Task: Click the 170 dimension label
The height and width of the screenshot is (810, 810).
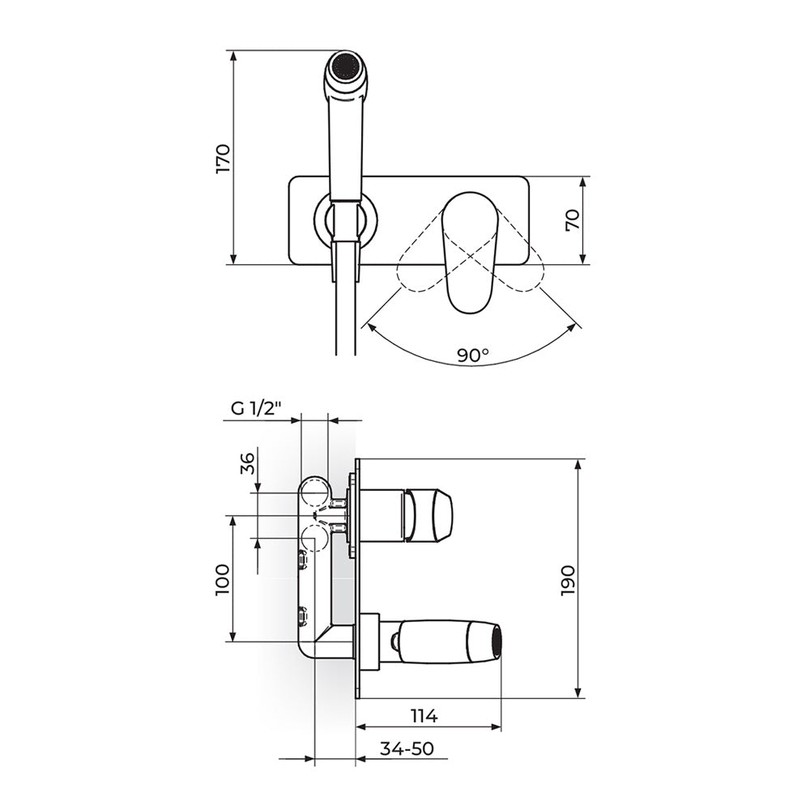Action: tap(224, 158)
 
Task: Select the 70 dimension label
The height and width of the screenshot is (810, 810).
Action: tap(573, 220)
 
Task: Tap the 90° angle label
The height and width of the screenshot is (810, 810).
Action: tap(473, 355)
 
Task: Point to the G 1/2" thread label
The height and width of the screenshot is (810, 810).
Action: tap(256, 407)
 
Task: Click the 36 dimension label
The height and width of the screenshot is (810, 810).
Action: tap(249, 463)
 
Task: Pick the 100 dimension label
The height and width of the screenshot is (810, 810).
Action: tap(224, 580)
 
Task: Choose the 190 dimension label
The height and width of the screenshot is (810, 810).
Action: tap(568, 581)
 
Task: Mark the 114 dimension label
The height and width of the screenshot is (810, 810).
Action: tap(424, 716)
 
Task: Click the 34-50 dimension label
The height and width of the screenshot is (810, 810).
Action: tap(407, 748)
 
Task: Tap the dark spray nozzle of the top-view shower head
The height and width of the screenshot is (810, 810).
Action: tap(344, 66)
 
